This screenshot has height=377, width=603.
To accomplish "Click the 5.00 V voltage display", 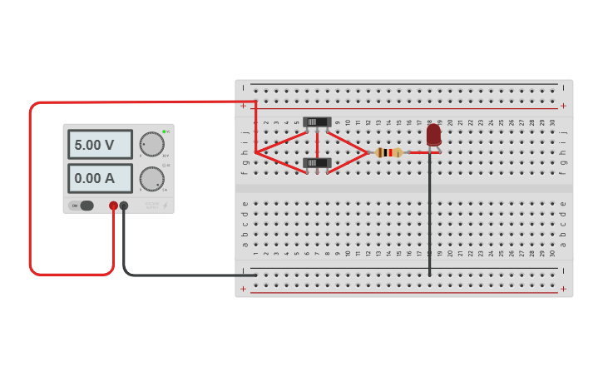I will click(x=99, y=144).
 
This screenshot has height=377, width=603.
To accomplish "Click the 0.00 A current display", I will click(x=99, y=177).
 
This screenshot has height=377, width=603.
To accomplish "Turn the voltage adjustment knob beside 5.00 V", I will click(x=151, y=144).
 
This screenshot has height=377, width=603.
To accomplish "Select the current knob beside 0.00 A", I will click(x=151, y=178).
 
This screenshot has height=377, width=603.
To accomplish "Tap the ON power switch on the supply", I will click(x=82, y=206).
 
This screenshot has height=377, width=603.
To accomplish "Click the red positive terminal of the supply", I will click(x=113, y=206).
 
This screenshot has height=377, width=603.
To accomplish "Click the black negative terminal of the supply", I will click(x=124, y=206).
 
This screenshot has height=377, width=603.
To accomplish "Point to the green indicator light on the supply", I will click(x=164, y=131).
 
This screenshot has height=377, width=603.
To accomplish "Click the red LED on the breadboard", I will click(x=433, y=134).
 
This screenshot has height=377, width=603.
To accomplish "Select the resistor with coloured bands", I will click(x=388, y=152).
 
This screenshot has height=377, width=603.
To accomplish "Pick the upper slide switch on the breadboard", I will click(x=317, y=122).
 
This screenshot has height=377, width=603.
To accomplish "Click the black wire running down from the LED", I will click(x=429, y=216).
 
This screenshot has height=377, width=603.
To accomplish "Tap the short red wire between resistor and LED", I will click(x=423, y=152).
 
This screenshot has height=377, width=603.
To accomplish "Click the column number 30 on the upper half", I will click(x=552, y=122).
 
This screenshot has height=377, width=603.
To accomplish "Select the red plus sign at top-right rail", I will click(x=563, y=106).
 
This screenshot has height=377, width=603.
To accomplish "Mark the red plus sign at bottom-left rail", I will click(x=243, y=290).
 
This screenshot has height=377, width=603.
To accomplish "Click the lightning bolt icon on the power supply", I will click(x=165, y=206).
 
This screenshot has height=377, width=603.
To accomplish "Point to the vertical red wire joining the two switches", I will click(x=317, y=142).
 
